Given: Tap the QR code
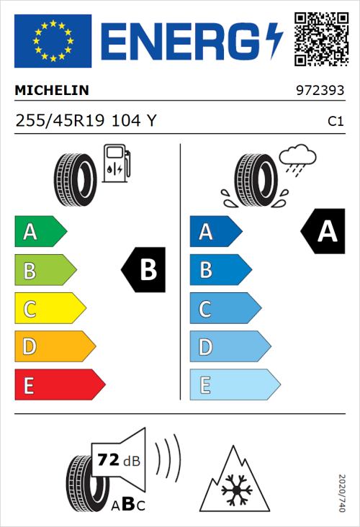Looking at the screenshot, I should tap(319, 40).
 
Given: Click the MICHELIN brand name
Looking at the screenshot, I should tap(52, 91).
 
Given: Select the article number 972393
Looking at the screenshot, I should tap(319, 91).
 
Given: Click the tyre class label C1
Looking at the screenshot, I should tap(335, 122).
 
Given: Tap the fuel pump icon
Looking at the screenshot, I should tap(115, 163).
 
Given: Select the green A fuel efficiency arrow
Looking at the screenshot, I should tap(40, 232).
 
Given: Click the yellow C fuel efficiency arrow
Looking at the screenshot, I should tap(49, 310).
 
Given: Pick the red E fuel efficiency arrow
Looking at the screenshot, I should tap(59, 385).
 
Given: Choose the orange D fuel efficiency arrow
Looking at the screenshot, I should tap(54, 348).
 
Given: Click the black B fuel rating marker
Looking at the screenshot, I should tap(144, 271).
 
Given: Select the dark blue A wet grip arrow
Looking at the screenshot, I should tap(215, 232).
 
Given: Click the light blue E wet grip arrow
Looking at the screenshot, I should tap(234, 385).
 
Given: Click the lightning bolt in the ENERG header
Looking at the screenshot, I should tap(274, 40).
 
